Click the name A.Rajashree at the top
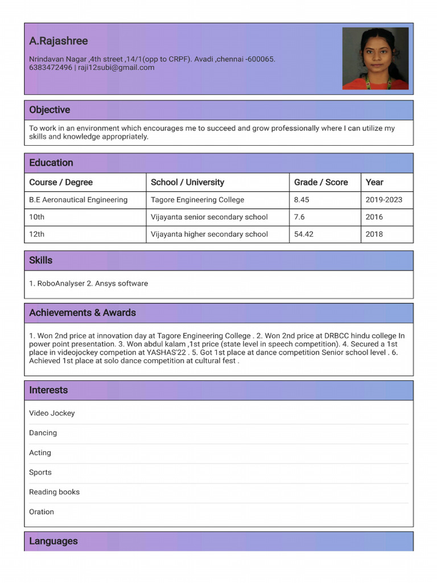click(59, 41)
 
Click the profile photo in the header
click(375, 58)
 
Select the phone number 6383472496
click(51, 68)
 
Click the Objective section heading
click(50, 110)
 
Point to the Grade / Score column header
click(321, 182)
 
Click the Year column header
click(374, 182)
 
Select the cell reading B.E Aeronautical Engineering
click(79, 200)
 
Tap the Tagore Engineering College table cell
click(197, 200)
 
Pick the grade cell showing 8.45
click(302, 200)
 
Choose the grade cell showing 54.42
click(304, 234)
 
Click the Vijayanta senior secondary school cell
click(209, 217)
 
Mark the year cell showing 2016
click(374, 217)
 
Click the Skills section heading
click(41, 260)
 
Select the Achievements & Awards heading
click(83, 313)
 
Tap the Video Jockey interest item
click(52, 413)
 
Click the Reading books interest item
click(54, 492)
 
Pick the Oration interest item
click(42, 512)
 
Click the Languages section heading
click(53, 541)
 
